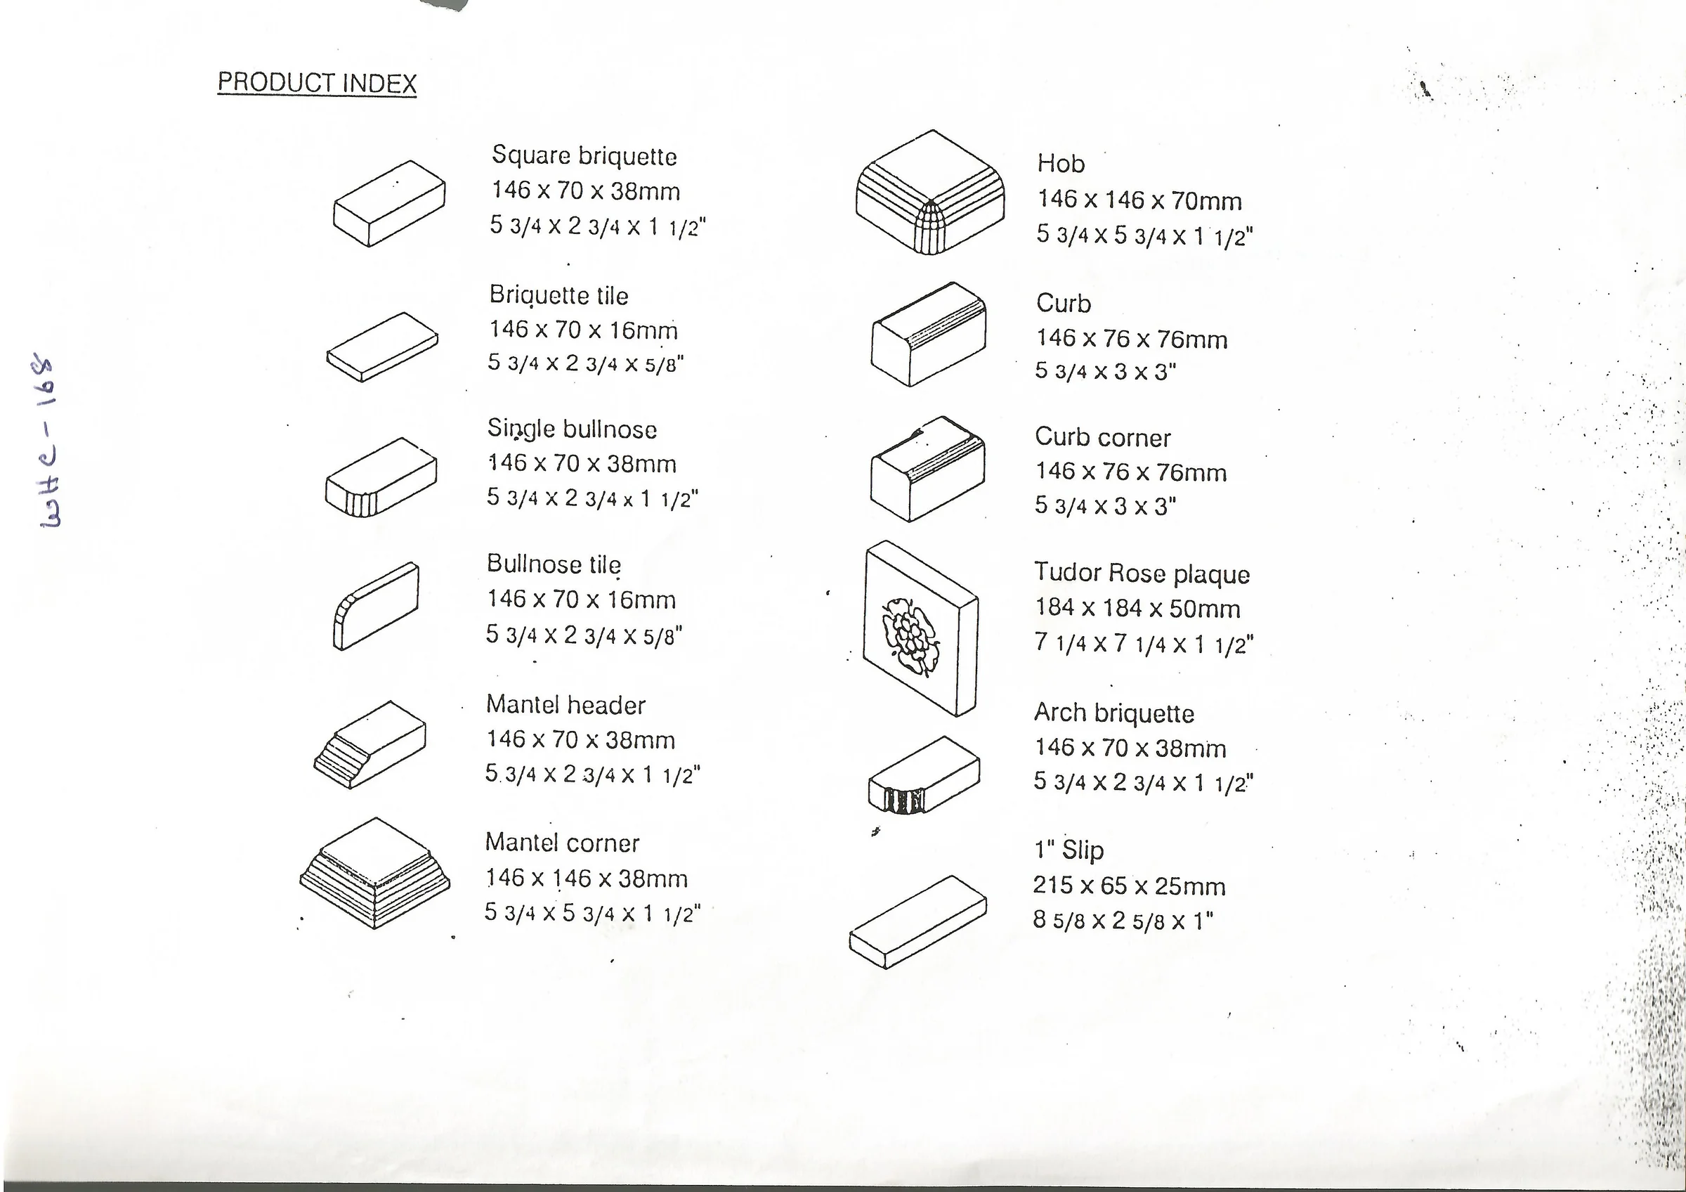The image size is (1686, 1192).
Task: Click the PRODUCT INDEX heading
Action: click(x=318, y=83)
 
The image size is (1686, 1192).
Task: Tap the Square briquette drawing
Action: click(x=389, y=203)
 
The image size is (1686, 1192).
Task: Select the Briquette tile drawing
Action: click(x=383, y=346)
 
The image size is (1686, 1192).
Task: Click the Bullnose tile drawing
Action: click(x=376, y=606)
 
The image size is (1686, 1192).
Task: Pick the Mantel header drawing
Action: click(x=370, y=745)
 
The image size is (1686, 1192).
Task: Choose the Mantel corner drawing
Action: click(x=374, y=873)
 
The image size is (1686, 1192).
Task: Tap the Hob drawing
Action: click(x=930, y=193)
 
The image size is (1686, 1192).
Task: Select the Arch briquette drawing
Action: click(x=924, y=775)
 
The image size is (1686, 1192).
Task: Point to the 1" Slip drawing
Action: click(x=918, y=921)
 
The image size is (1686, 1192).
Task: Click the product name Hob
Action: click(x=1061, y=163)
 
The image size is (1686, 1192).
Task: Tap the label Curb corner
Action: click(x=1102, y=438)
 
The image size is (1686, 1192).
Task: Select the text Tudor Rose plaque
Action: click(x=1142, y=574)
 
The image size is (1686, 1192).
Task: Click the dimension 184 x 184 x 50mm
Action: click(x=1137, y=608)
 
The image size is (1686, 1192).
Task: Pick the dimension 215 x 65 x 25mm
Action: click(x=1130, y=886)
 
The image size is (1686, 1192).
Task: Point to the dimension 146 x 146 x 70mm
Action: click(x=1139, y=200)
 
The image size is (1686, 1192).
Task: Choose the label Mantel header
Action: click(x=566, y=705)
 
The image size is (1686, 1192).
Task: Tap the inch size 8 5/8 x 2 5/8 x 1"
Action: click(x=1123, y=921)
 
